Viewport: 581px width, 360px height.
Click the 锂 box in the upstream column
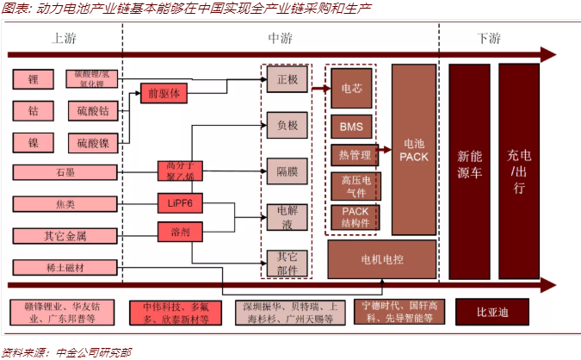34,79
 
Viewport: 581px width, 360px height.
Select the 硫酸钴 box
90,111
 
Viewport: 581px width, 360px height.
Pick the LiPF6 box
179,203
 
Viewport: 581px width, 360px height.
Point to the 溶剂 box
179,231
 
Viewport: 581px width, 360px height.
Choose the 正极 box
286,79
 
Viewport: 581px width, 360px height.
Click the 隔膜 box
286,170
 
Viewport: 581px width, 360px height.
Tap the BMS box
351,127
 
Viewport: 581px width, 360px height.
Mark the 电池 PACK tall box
413,150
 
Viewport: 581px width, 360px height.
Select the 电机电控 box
382,258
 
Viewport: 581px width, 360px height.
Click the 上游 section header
65,39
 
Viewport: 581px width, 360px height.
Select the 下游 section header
487,39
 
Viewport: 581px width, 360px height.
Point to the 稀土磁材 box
65,267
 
